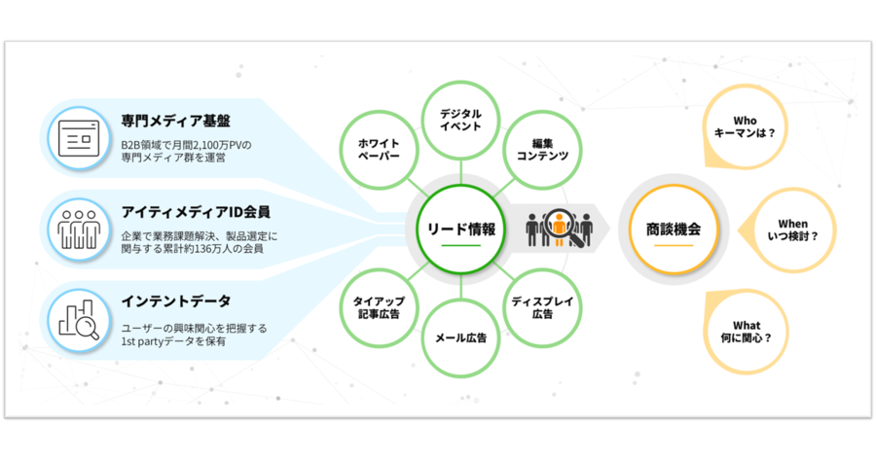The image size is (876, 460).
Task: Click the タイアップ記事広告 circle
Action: pyautogui.click(x=377, y=307)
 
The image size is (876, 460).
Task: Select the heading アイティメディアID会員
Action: pyautogui.click(x=196, y=211)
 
